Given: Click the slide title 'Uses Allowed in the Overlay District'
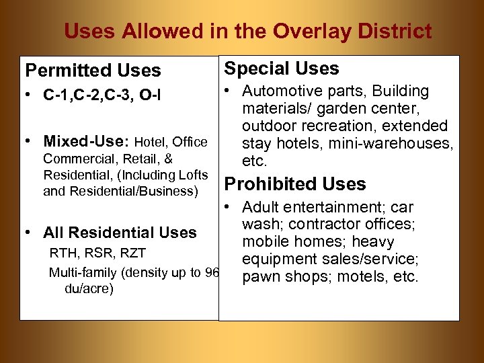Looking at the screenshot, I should [247, 31].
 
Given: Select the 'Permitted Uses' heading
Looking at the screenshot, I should [93, 71].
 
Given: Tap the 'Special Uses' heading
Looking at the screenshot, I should [281, 68].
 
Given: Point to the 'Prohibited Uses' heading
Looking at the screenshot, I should [294, 184].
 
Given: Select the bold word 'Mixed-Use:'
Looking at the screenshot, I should [87, 142].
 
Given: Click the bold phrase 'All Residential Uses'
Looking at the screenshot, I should [120, 233].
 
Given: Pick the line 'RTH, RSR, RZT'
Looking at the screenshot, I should [97, 253].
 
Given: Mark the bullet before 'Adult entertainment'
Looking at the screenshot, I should [229, 207].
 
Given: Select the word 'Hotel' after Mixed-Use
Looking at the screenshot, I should [151, 142].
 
